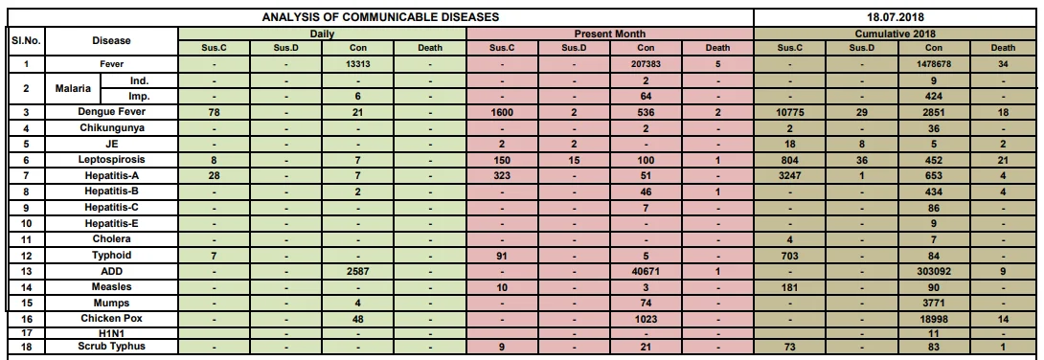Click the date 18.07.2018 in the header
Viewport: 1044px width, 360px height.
click(896, 17)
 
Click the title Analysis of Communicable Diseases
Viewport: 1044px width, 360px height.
click(380, 17)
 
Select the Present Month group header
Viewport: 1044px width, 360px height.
click(610, 34)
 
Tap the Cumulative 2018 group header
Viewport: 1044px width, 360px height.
click(896, 34)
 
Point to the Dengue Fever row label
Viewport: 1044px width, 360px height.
click(111, 112)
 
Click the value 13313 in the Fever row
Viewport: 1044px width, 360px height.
click(357, 64)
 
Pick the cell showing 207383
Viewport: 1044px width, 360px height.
click(646, 64)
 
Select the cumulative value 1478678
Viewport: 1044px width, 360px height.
click(934, 64)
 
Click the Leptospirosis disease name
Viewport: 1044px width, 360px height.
click(111, 160)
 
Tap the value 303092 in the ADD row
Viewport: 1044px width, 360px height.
click(934, 272)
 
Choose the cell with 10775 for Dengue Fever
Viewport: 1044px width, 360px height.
click(789, 112)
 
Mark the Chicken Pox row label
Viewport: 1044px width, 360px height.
click(111, 319)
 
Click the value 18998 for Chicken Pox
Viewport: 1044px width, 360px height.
click(934, 320)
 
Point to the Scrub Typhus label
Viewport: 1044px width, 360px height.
click(111, 346)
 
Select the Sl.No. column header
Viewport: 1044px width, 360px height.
click(26, 40)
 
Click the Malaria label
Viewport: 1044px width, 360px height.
click(73, 88)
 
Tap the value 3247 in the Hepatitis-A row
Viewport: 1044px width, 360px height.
click(789, 176)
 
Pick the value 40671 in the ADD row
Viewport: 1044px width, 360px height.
click(646, 272)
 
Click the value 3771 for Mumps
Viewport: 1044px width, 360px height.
click(934, 304)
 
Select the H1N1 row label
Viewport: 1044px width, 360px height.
click(111, 333)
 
